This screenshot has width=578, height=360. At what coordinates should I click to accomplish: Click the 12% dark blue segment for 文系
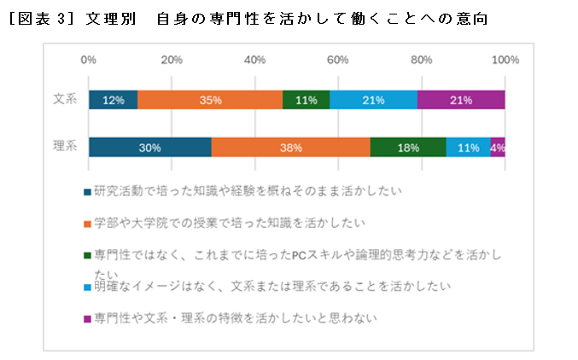[113, 100]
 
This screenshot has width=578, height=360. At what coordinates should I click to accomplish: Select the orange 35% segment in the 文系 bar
[210, 100]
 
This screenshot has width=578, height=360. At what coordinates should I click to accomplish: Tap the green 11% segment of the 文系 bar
[306, 100]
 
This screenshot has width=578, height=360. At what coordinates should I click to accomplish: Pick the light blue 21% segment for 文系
[373, 100]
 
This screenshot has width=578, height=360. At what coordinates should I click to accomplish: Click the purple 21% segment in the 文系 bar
[461, 100]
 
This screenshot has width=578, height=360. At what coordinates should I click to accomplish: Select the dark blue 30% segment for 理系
[150, 147]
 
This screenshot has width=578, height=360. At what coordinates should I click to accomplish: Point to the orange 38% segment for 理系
[290, 147]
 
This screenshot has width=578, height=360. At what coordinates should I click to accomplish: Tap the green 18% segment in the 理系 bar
[408, 147]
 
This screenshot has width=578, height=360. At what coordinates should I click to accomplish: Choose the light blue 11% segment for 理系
[468, 147]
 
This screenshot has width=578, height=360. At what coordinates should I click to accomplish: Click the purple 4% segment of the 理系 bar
[498, 147]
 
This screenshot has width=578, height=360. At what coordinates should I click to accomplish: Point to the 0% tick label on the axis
[88, 60]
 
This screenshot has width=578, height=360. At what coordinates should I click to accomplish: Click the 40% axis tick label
[254, 60]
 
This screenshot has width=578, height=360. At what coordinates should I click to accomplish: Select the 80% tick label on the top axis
[421, 60]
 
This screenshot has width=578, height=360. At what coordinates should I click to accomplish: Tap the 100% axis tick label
[505, 60]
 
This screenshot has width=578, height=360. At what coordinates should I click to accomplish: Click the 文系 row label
[65, 100]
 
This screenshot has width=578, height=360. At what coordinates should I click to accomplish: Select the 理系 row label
[65, 147]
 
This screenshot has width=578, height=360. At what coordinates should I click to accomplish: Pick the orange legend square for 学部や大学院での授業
[87, 224]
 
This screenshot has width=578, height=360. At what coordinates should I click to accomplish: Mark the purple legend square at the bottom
[87, 319]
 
